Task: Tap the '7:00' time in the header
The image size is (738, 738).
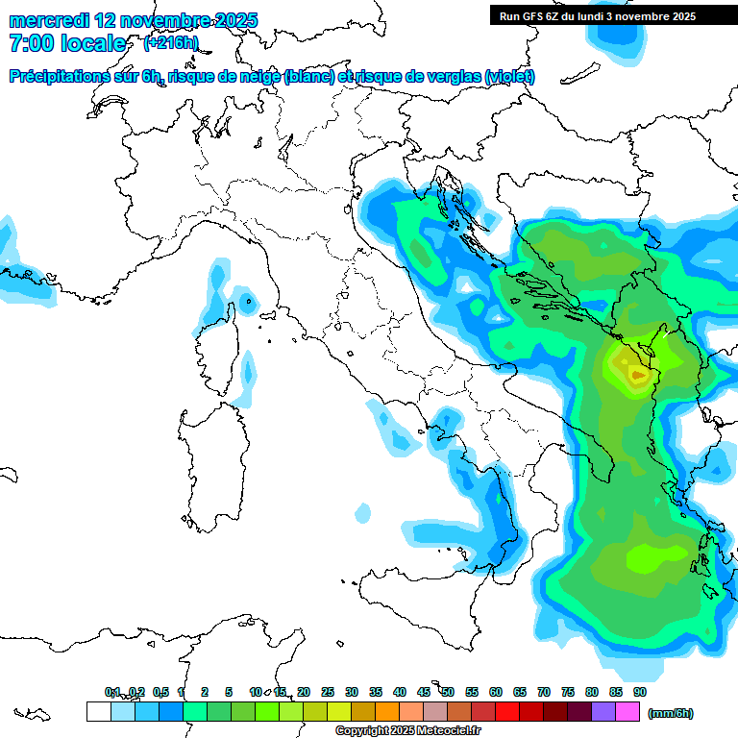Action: tap(29, 43)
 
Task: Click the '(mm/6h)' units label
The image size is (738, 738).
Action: tap(671, 713)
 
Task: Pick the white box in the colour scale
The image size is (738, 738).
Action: tap(98, 711)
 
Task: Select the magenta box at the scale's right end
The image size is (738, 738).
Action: tap(627, 711)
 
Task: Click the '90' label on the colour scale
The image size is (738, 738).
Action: tap(639, 692)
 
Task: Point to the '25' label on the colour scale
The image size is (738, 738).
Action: tap(328, 692)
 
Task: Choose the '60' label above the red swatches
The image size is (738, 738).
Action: tap(496, 692)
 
